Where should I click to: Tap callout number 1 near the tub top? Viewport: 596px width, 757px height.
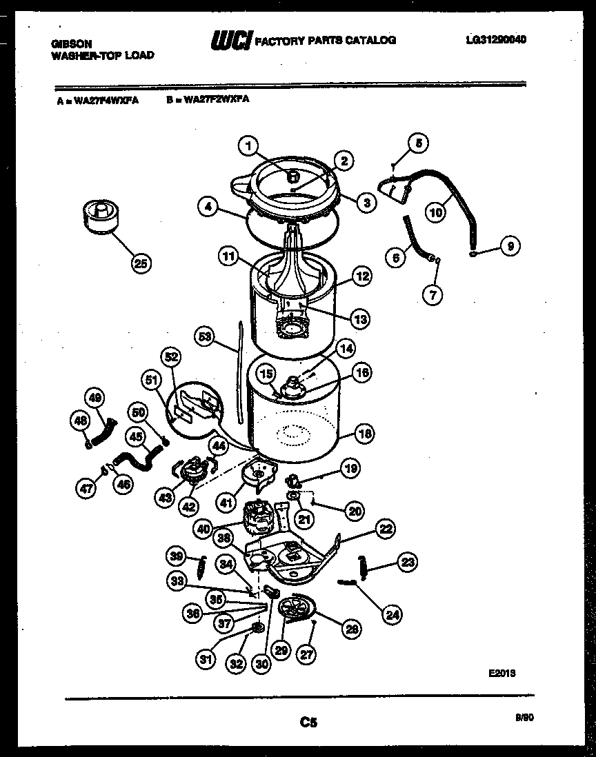(249, 145)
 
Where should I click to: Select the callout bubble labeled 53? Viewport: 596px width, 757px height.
(205, 337)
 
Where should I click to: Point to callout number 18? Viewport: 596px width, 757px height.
(364, 434)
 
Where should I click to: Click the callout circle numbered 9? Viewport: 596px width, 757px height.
(510, 246)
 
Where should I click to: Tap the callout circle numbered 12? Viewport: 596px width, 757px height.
(362, 277)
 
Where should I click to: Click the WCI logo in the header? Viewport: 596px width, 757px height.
(232, 41)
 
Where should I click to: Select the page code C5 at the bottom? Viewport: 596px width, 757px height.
(308, 723)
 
